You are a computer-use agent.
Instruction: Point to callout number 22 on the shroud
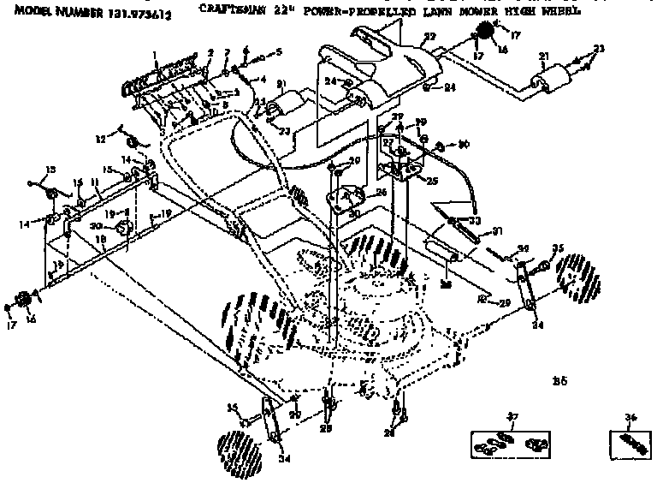click(429, 36)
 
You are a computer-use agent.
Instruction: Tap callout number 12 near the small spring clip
click(100, 137)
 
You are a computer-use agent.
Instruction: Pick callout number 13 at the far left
click(50, 169)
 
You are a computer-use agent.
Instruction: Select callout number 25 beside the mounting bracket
click(432, 182)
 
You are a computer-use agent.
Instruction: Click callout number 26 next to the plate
click(381, 193)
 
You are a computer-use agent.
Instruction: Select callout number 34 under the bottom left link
click(284, 459)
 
